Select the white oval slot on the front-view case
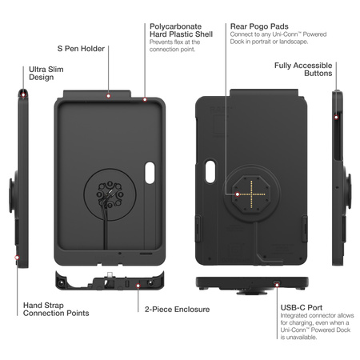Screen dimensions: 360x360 coord(150,171)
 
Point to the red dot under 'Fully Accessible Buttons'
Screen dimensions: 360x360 coord(336,117)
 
